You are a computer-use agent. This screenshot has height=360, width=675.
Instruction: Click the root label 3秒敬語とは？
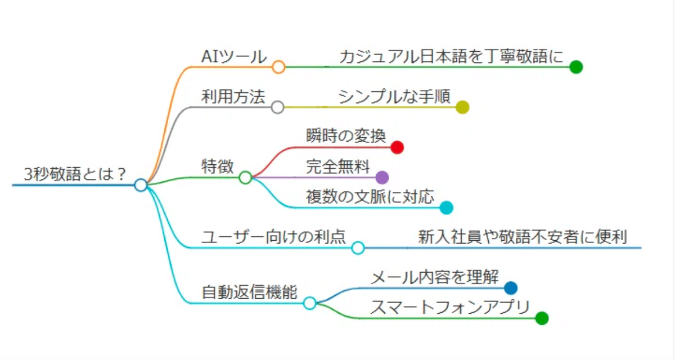(74, 174)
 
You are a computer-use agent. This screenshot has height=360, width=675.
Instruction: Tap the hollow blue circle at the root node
(141, 184)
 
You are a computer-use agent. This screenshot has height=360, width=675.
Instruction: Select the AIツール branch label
(233, 56)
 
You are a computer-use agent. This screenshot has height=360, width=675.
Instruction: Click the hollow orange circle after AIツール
(278, 67)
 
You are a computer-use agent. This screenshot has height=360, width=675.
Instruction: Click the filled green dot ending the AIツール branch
(575, 67)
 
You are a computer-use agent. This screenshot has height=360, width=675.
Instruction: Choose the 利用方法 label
(233, 97)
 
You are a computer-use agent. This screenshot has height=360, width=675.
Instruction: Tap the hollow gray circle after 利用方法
(277, 107)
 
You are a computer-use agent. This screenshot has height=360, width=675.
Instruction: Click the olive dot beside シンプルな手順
(462, 107)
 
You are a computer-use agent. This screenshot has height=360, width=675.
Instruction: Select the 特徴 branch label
(218, 166)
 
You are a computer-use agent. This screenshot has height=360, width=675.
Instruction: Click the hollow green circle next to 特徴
(245, 178)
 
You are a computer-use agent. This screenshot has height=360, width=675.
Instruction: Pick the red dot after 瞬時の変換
(397, 147)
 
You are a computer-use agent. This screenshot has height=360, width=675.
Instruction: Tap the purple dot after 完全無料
(382, 178)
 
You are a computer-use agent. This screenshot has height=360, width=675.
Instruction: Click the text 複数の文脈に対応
(370, 197)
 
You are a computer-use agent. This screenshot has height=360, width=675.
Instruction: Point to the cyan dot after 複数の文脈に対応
(446, 208)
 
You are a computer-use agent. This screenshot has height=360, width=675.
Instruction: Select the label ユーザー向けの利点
(273, 237)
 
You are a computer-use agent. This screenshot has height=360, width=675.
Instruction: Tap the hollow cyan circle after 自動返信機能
(309, 303)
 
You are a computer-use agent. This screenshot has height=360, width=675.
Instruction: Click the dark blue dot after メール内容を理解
(510, 288)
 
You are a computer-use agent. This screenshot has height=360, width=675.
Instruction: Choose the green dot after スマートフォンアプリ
(541, 318)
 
